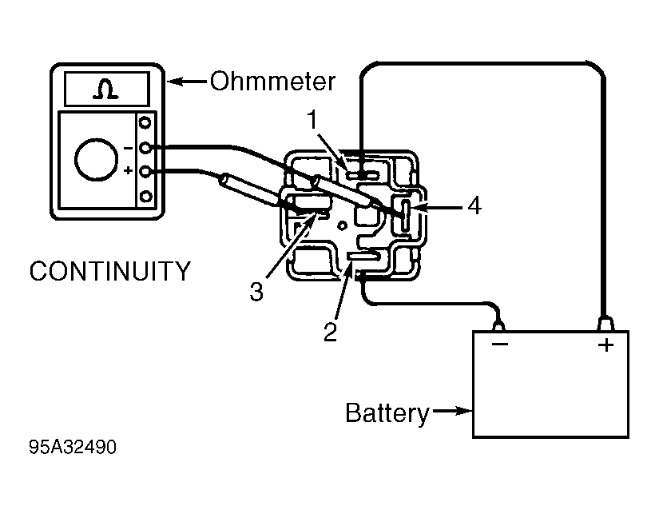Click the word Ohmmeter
(272, 82)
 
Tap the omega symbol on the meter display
(105, 90)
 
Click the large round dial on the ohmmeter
(96, 159)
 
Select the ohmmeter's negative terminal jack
(145, 148)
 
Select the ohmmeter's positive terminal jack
(145, 172)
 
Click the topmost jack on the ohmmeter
(145, 123)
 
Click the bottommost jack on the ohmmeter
(145, 197)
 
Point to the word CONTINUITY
(110, 271)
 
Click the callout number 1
(312, 120)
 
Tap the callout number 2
(331, 333)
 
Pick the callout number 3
(256, 291)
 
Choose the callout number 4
(474, 206)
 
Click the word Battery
(387, 413)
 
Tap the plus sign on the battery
(606, 345)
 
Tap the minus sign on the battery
(500, 344)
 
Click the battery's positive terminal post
(605, 325)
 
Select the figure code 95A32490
(73, 447)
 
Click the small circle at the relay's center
(343, 226)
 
